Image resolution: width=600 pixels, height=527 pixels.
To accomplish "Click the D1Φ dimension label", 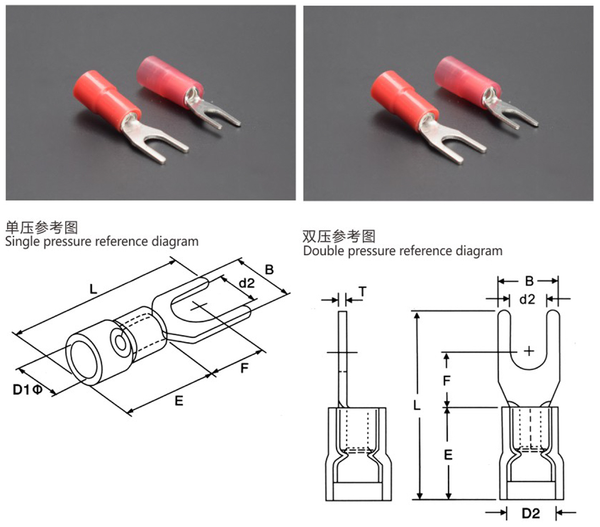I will click(27, 389).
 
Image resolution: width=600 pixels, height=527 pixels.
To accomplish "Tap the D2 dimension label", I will click(531, 513).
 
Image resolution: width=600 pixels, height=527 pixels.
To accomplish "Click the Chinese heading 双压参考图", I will click(339, 236).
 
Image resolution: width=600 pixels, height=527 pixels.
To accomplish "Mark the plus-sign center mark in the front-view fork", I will click(529, 351).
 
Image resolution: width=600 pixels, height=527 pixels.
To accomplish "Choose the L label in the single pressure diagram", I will click(93, 289).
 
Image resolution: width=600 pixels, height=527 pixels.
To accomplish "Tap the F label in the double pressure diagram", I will click(448, 379).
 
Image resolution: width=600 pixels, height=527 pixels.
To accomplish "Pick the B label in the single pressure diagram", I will click(269, 270).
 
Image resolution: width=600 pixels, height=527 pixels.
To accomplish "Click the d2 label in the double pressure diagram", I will click(527, 299).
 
